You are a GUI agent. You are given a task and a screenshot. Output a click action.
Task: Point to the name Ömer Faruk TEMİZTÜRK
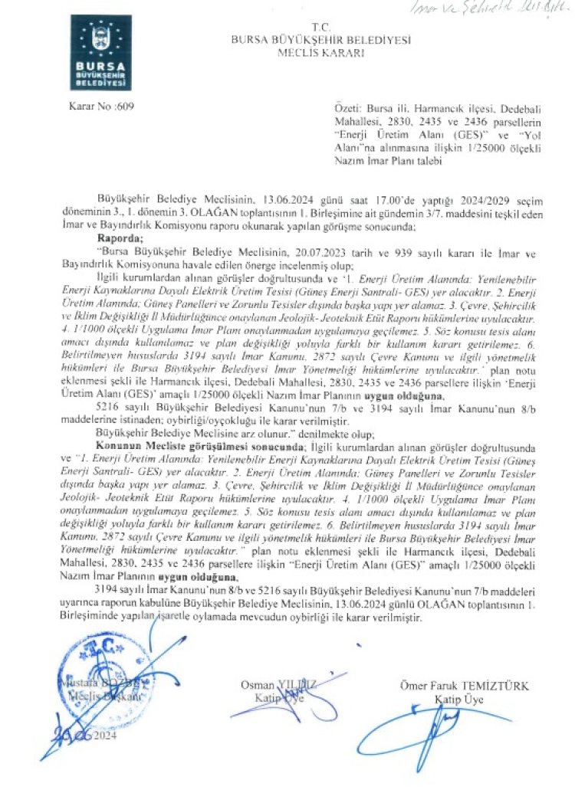(x=464, y=686)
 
